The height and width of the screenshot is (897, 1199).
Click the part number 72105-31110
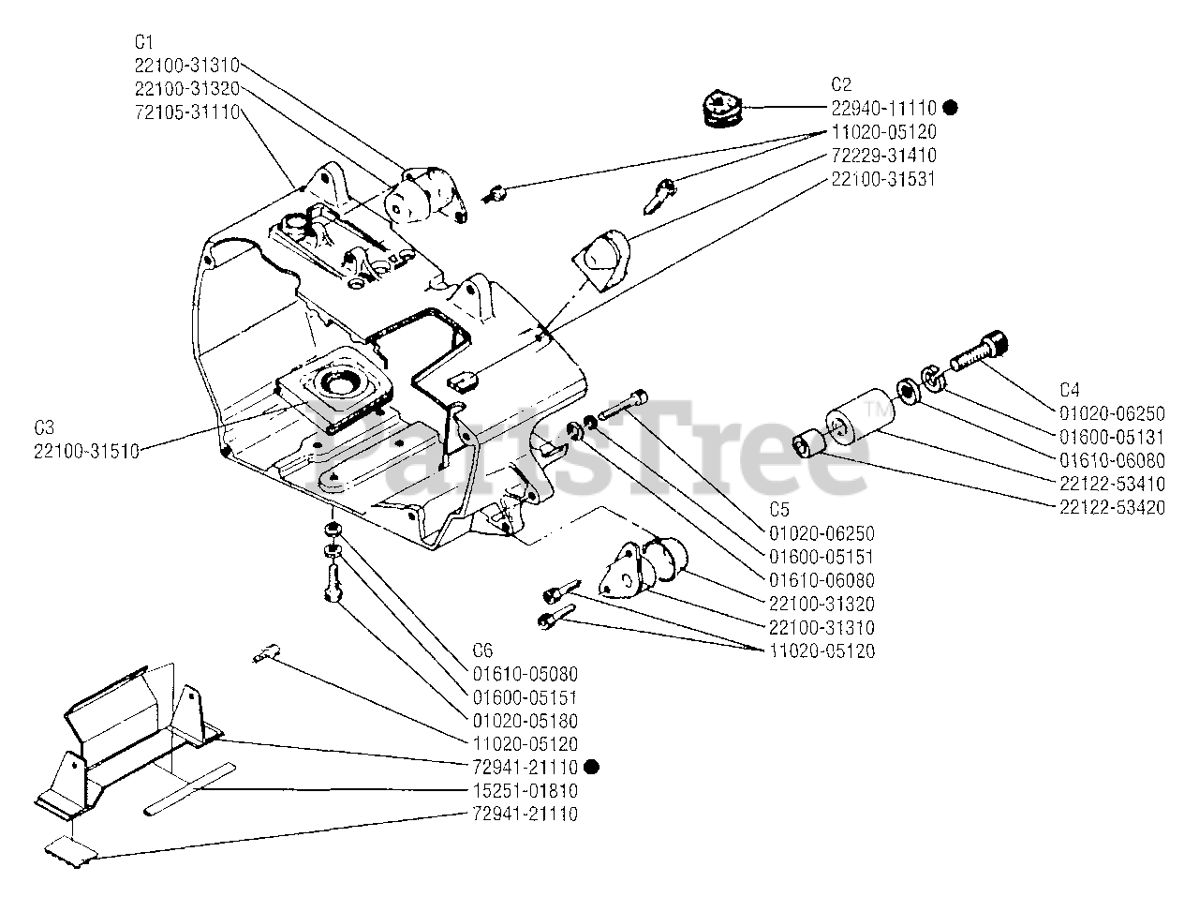(x=187, y=112)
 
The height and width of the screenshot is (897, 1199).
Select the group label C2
(x=840, y=84)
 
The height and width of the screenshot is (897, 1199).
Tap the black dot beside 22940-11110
(x=950, y=108)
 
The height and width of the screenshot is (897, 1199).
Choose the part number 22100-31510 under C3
(x=86, y=451)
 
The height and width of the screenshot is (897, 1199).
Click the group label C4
(x=1069, y=389)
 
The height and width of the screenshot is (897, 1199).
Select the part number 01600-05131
(x=1112, y=437)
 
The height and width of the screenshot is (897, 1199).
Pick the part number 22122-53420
(x=1112, y=507)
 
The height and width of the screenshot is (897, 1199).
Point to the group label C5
(x=778, y=510)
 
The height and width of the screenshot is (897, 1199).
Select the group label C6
(x=482, y=650)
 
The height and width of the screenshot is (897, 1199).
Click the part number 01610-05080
(x=525, y=674)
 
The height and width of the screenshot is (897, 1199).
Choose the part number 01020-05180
(x=525, y=721)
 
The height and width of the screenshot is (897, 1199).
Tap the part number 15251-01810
(x=525, y=791)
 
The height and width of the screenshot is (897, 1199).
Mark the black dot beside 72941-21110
(x=590, y=767)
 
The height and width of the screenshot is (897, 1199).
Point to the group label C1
(x=143, y=42)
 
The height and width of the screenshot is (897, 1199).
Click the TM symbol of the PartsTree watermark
(x=877, y=410)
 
